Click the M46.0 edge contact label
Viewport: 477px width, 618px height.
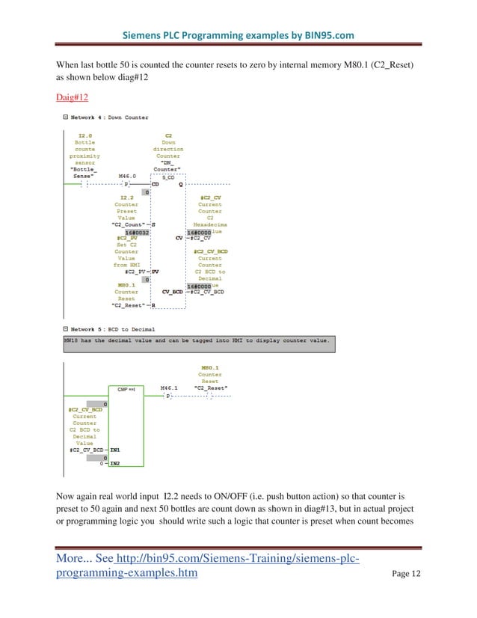[128, 176]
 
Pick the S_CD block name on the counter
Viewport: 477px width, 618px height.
[168, 177]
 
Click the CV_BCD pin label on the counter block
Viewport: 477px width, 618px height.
[173, 292]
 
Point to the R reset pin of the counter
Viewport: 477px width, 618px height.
[153, 305]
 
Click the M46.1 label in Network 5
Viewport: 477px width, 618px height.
[170, 388]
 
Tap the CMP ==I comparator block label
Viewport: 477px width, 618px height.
[126, 388]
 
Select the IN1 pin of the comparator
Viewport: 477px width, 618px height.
[115, 449]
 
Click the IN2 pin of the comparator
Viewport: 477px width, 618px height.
[115, 464]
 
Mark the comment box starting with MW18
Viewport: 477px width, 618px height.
[198, 340]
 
